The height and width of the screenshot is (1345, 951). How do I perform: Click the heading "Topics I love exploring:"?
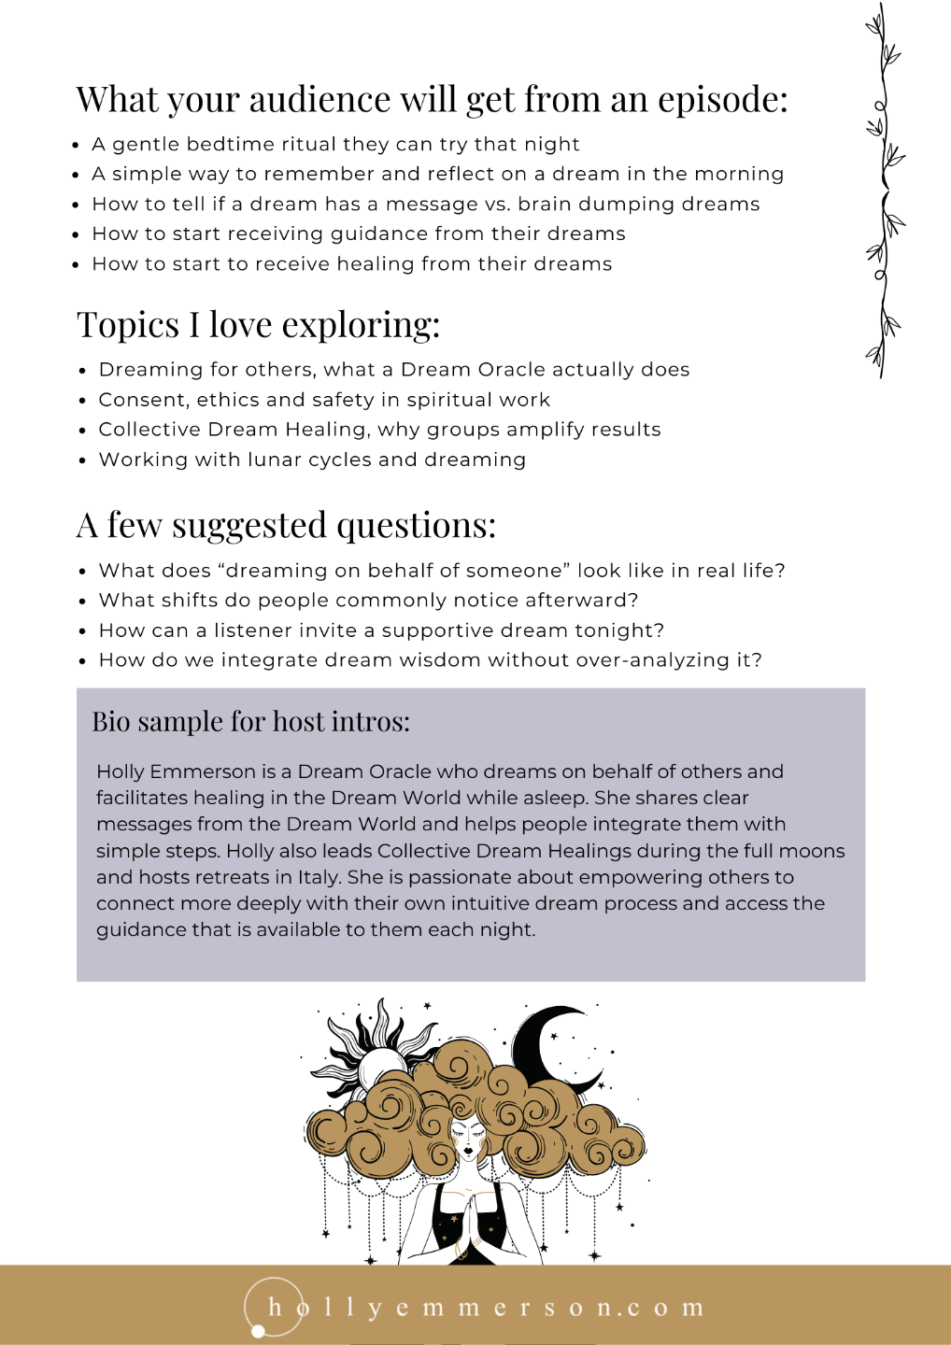258,325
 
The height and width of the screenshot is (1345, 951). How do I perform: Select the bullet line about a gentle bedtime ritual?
335,144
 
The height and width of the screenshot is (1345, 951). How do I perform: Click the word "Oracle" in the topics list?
511,370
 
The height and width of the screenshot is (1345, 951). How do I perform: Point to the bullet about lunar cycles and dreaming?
312,460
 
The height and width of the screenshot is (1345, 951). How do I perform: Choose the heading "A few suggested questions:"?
286,526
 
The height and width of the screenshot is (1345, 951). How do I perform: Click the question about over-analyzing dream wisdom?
430,660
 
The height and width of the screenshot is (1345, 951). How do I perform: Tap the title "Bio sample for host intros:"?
250,722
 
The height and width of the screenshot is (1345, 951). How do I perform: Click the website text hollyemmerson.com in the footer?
486,1308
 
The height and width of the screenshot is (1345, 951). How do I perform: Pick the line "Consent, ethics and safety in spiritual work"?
324,400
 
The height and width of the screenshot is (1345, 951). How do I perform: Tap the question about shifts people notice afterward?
368,601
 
